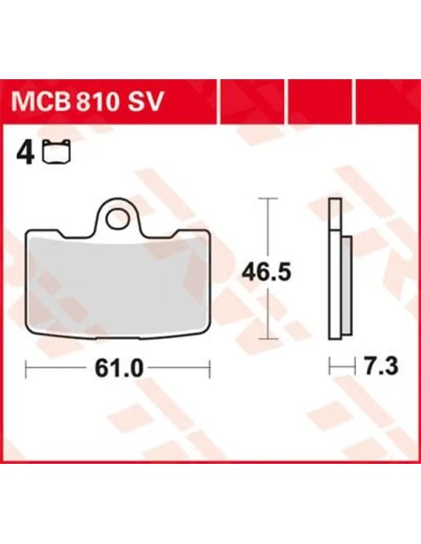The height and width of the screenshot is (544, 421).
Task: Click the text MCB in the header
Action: (40, 102)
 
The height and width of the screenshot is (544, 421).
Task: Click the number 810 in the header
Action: (96, 102)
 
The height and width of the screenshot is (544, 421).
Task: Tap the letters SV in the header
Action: (145, 102)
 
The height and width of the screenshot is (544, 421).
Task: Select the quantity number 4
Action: (25, 153)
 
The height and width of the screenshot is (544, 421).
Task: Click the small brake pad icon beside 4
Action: (56, 151)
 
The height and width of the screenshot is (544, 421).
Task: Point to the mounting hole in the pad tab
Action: (118, 219)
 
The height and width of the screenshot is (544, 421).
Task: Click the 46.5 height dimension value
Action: (266, 272)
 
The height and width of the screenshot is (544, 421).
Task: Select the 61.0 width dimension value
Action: (119, 368)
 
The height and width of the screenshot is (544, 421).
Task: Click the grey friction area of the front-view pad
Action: (118, 283)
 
